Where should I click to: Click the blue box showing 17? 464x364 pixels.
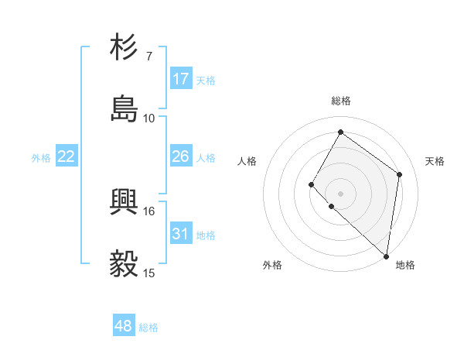point(181,79)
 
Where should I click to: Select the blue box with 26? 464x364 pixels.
point(181,156)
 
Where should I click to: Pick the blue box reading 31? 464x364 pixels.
point(181,234)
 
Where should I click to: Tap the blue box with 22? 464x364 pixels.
point(67,156)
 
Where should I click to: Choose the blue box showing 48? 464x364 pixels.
point(124,326)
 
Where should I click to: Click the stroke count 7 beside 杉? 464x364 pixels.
point(148,57)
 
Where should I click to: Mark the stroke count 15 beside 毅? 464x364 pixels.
point(148,272)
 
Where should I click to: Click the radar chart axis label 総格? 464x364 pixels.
point(341,101)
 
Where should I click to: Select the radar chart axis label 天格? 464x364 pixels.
point(435,161)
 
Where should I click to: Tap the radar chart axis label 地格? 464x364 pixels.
point(405,265)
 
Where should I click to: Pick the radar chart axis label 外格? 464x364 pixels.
point(272,265)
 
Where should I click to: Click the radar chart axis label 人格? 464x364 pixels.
point(247,161)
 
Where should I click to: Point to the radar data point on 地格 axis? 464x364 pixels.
point(387,256)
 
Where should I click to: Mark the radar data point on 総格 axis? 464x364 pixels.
point(340,132)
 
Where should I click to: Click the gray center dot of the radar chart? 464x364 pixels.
point(340,193)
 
